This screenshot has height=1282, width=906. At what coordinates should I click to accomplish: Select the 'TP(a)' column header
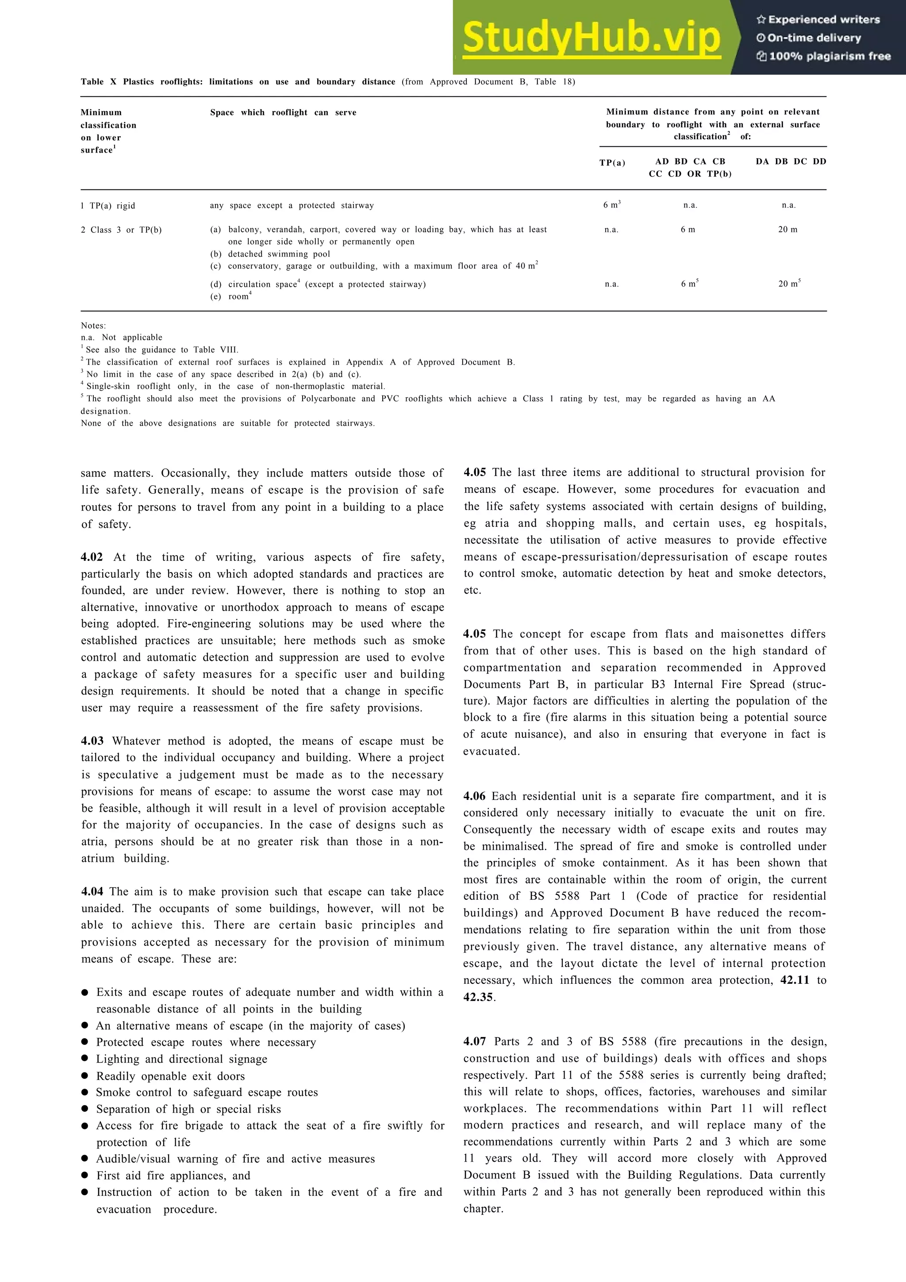612,163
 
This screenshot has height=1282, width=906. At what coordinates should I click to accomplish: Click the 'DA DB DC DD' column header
791,161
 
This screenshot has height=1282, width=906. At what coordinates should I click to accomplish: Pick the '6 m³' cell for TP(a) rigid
611,205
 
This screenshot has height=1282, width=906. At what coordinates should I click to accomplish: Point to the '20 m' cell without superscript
787,230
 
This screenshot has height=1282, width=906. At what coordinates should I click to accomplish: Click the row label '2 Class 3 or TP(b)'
121,230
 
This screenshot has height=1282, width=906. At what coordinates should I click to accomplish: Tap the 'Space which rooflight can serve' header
283,112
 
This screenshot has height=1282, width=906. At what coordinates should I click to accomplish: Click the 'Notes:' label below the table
93,326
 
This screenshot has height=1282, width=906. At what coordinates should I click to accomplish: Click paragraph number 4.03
92,741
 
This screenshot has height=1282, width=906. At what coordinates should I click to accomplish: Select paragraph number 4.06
475,796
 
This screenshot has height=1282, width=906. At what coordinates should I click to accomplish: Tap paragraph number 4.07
475,1041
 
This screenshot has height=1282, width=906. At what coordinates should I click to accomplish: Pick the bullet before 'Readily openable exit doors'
85,1075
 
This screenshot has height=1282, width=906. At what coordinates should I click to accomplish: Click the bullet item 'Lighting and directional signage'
181,1059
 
